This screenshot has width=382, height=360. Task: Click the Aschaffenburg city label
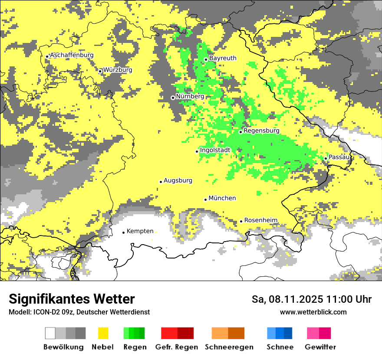pos(72,55)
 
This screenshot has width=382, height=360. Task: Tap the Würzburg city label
pos(118,70)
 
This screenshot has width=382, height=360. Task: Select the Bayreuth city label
pos(223,58)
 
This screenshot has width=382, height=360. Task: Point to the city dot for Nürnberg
pos(173,98)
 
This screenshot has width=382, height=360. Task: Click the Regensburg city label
pos(261,131)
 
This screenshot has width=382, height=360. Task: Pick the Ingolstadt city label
pos(215,150)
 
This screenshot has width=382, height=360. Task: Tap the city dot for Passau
pos(326,158)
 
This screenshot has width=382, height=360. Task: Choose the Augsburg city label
pos(178,180)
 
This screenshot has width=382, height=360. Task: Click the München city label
pos(222,198)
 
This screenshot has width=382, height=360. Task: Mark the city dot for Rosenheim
pos(241,222)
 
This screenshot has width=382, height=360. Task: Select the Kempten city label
pos(140,231)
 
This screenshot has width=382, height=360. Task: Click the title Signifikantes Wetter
pos(72,299)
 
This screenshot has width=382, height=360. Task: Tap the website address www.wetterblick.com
pos(313,312)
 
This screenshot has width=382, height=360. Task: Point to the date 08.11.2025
pos(293,299)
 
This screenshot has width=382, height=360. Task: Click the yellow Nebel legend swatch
pos(103,333)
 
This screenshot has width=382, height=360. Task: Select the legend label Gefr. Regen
pos(177,347)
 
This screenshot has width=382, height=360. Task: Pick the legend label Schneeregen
pos(229,347)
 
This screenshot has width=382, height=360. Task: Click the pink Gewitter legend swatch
pos(313,333)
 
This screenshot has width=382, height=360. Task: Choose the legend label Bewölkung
pos(63,347)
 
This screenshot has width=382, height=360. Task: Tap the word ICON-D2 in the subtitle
pos(44,312)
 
